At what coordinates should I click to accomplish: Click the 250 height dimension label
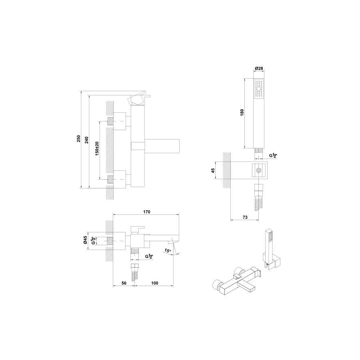[78, 139]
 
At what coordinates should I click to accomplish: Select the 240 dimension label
[86, 140]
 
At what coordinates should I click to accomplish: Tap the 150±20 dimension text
[97, 149]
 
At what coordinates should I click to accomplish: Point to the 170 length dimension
[147, 212]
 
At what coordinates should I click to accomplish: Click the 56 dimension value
[124, 283]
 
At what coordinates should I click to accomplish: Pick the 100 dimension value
[155, 283]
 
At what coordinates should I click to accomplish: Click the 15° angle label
[168, 251]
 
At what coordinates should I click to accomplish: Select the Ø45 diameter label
[85, 240]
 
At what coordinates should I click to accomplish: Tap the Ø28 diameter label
[259, 68]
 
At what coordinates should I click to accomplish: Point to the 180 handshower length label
[242, 112]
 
